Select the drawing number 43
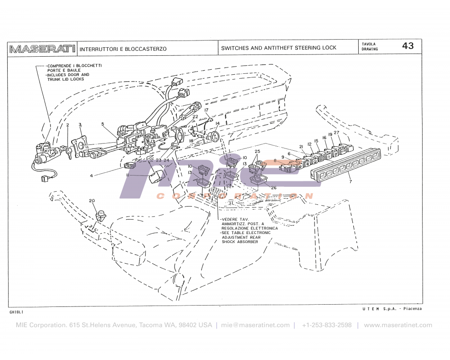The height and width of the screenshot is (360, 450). point(408,46)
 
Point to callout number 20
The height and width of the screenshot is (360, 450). point(92,201)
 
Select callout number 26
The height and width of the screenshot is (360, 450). point(273,188)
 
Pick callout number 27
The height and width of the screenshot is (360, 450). point(336,132)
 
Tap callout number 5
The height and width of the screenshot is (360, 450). point(103,124)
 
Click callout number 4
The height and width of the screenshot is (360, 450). point(91,175)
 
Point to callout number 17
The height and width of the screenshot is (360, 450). point(207,110)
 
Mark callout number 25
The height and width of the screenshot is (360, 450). point(257,151)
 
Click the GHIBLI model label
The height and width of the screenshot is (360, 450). point(16,312)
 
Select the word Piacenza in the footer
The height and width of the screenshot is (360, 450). point(412,309)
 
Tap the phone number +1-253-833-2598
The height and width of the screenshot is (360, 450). point(327,325)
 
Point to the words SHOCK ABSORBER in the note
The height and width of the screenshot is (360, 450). point(240,242)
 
